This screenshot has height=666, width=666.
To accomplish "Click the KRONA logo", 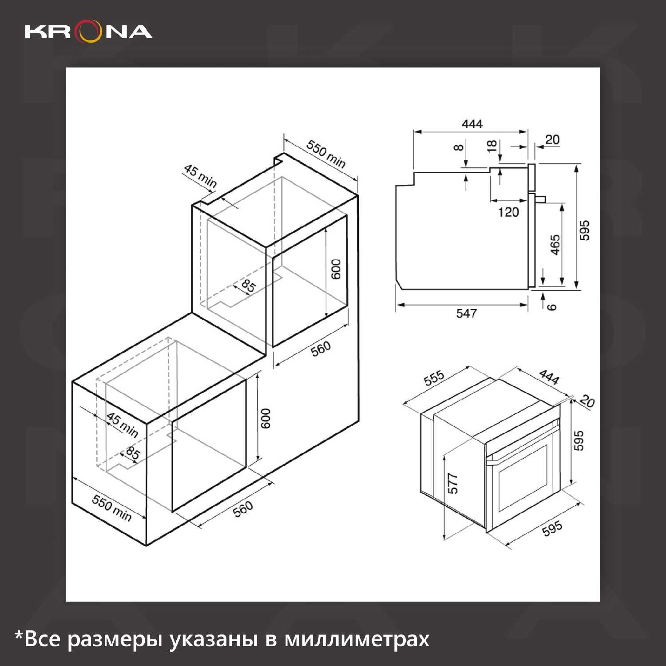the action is (89, 32).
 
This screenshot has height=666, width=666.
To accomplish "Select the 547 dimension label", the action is (466, 313).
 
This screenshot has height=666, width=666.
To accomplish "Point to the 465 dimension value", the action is (555, 245).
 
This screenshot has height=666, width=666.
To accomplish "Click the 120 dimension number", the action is (508, 212).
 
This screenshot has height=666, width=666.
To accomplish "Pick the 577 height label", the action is (452, 484).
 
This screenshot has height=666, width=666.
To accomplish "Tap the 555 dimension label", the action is (434, 378).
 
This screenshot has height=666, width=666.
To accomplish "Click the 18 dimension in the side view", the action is (492, 146).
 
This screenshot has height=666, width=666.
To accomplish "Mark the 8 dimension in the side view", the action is (459, 147).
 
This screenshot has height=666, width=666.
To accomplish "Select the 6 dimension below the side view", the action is (551, 307).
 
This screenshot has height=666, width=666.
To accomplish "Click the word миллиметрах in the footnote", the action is (357, 639).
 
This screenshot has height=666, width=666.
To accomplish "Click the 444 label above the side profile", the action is (472, 124).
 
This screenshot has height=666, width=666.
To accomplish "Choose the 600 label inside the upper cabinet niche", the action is (336, 269).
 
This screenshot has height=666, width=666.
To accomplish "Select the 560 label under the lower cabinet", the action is (243, 509).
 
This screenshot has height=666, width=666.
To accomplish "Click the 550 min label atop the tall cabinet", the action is (326, 154).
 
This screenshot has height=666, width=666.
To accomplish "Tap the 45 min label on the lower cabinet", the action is (123, 425).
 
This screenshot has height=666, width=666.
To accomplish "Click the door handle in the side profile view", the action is (540, 198).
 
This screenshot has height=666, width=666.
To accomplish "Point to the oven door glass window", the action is (523, 479).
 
